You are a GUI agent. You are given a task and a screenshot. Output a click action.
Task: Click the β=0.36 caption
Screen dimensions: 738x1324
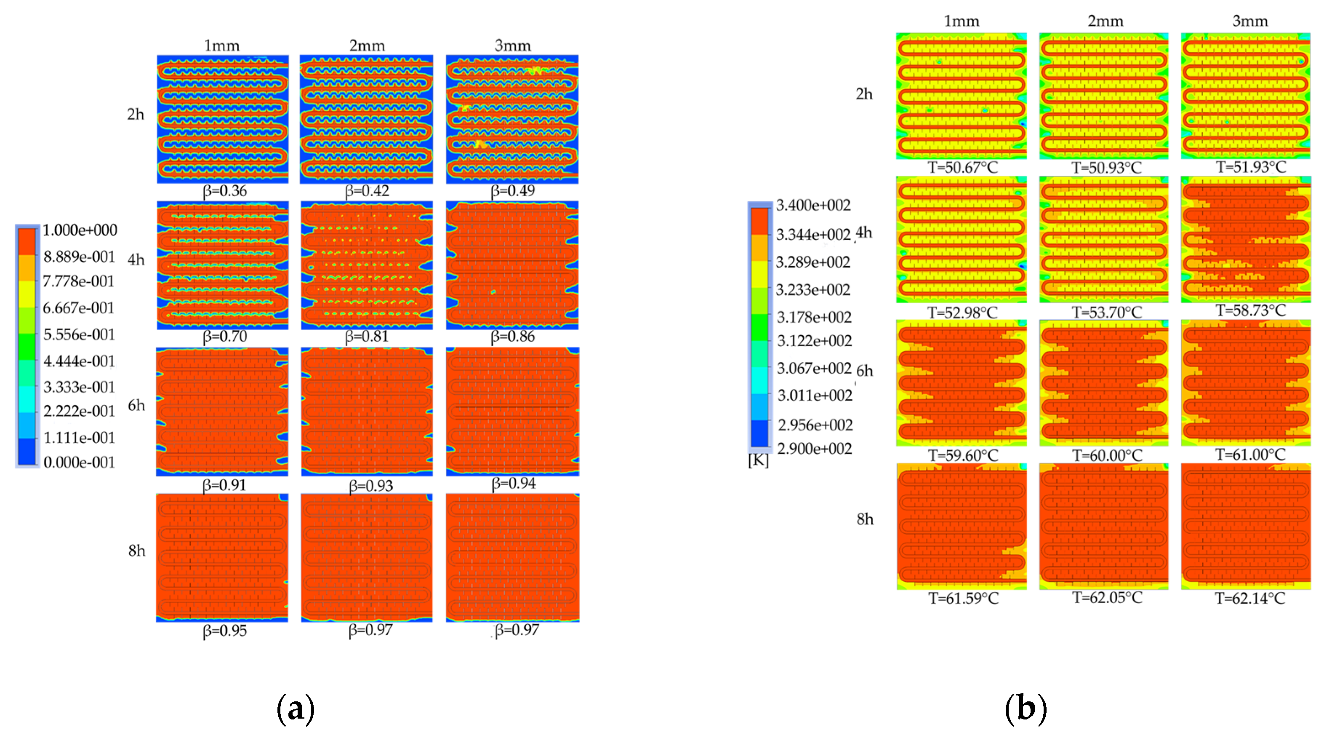click(x=225, y=191)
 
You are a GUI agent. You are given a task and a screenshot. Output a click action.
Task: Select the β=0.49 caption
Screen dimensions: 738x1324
click(x=512, y=191)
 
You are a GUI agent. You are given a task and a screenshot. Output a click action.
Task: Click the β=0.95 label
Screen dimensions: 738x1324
click(x=225, y=631)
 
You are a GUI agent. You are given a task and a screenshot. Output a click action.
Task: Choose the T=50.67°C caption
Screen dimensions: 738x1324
click(x=963, y=167)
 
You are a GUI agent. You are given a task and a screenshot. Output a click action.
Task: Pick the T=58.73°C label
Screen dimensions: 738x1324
click(x=1250, y=310)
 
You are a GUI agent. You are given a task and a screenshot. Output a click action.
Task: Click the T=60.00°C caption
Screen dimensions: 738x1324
click(x=1107, y=455)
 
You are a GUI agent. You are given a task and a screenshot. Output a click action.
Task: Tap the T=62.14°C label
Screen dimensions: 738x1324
click(x=1249, y=598)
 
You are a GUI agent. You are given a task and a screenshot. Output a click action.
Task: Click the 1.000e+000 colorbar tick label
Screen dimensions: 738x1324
click(x=80, y=230)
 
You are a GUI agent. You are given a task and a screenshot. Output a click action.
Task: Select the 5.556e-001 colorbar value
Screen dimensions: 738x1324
click(x=79, y=334)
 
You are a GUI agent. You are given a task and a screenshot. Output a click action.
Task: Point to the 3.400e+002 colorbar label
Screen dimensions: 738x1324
click(x=813, y=205)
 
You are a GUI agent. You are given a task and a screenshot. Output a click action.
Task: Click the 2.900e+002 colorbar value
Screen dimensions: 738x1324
click(x=814, y=449)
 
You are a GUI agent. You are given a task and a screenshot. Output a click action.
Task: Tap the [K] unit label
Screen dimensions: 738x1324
click(x=758, y=460)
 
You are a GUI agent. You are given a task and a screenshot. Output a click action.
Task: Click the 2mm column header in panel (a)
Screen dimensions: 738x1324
click(x=367, y=46)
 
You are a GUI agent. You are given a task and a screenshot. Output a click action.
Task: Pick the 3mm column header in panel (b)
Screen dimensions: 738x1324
click(x=1250, y=21)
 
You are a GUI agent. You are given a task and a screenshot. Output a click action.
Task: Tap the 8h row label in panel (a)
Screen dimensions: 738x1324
click(x=137, y=551)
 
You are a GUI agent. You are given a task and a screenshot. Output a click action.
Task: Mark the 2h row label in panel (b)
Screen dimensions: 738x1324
click(x=864, y=94)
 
